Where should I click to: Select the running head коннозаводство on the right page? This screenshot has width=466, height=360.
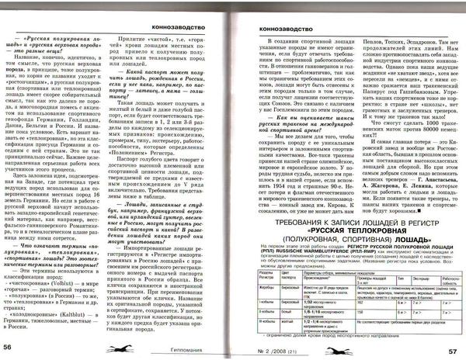pyautogui.click(x=286, y=27)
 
